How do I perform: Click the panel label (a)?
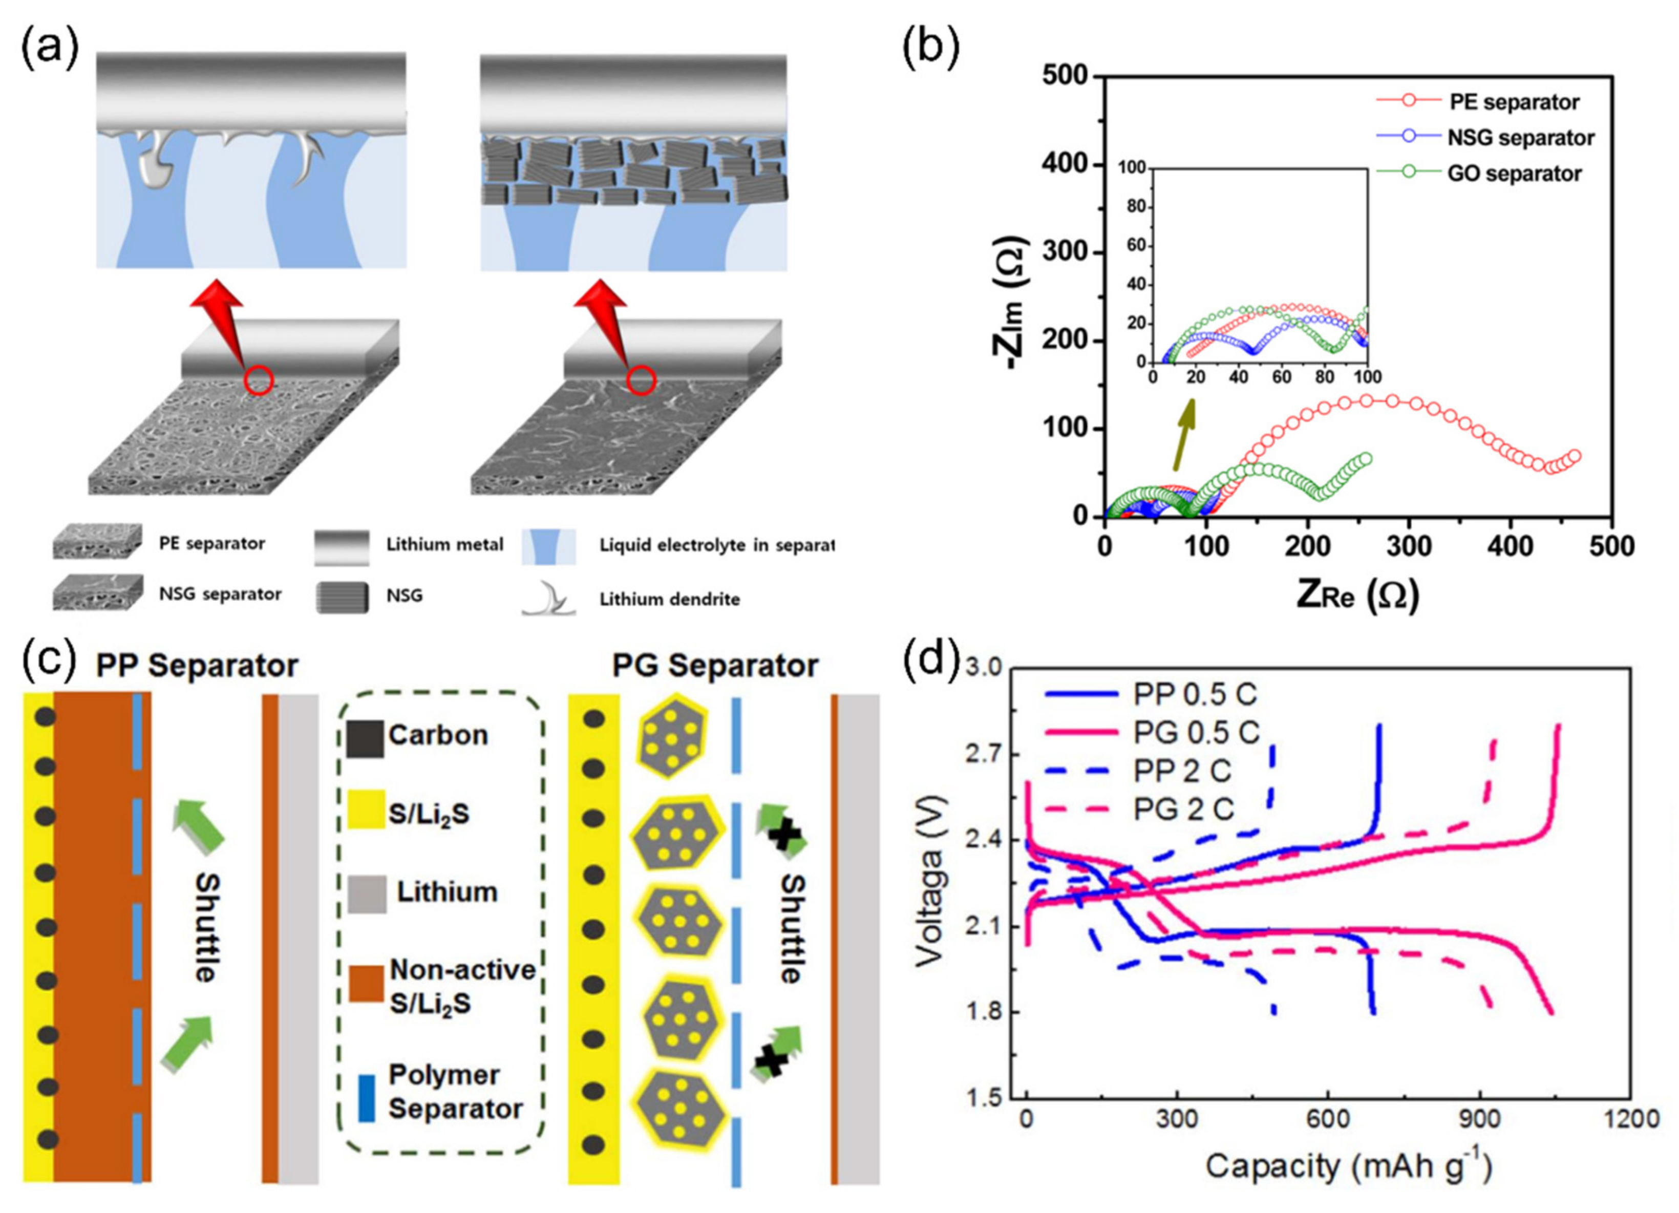coord(49,50)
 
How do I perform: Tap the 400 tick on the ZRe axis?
coord(1510,547)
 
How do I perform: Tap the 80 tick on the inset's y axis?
coord(1136,207)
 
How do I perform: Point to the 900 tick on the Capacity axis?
coord(1479,1118)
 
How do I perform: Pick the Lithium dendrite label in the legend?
coord(669,600)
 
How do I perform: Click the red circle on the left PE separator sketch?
coord(259,380)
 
